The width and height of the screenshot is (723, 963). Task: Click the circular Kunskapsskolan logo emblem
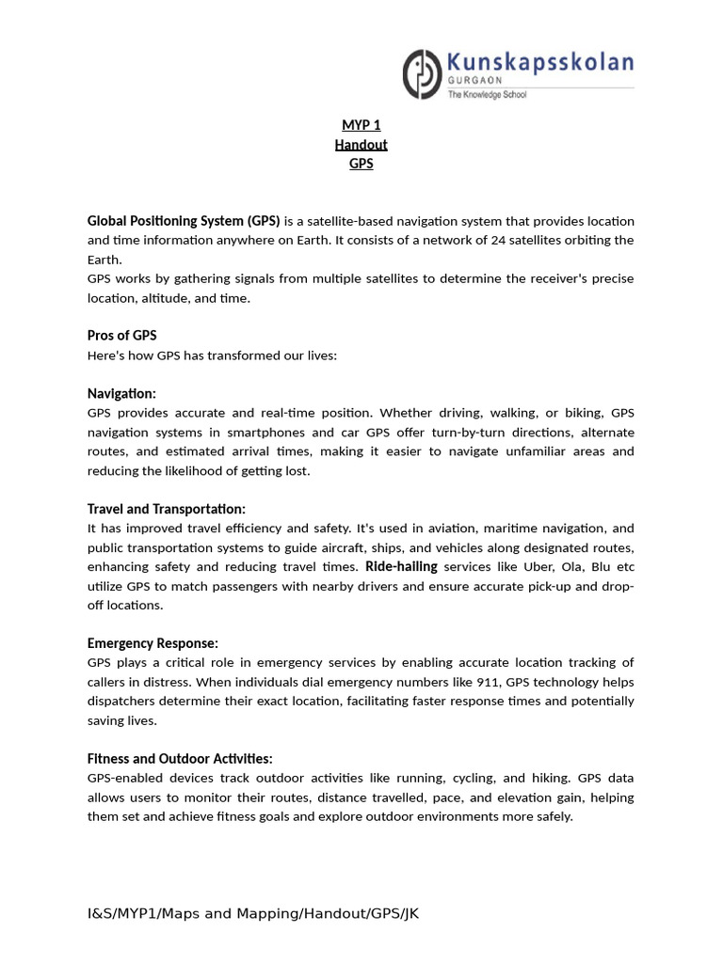coord(421,74)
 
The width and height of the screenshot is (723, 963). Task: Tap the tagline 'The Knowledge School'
coord(486,95)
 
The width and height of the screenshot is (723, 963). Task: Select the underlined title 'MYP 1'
coord(361,125)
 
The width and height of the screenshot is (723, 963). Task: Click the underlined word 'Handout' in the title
coord(361,144)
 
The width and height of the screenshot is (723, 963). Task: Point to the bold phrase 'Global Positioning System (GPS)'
coord(184,221)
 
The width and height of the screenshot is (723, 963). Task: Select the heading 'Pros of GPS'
coord(122,336)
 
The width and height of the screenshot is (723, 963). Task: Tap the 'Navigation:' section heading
coord(122,393)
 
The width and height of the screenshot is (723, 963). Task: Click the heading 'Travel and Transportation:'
coord(167,509)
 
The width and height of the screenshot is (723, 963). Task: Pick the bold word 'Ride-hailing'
coord(401,566)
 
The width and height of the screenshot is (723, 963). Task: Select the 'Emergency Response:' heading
coord(153,643)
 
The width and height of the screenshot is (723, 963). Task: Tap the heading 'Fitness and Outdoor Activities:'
coord(180,758)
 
